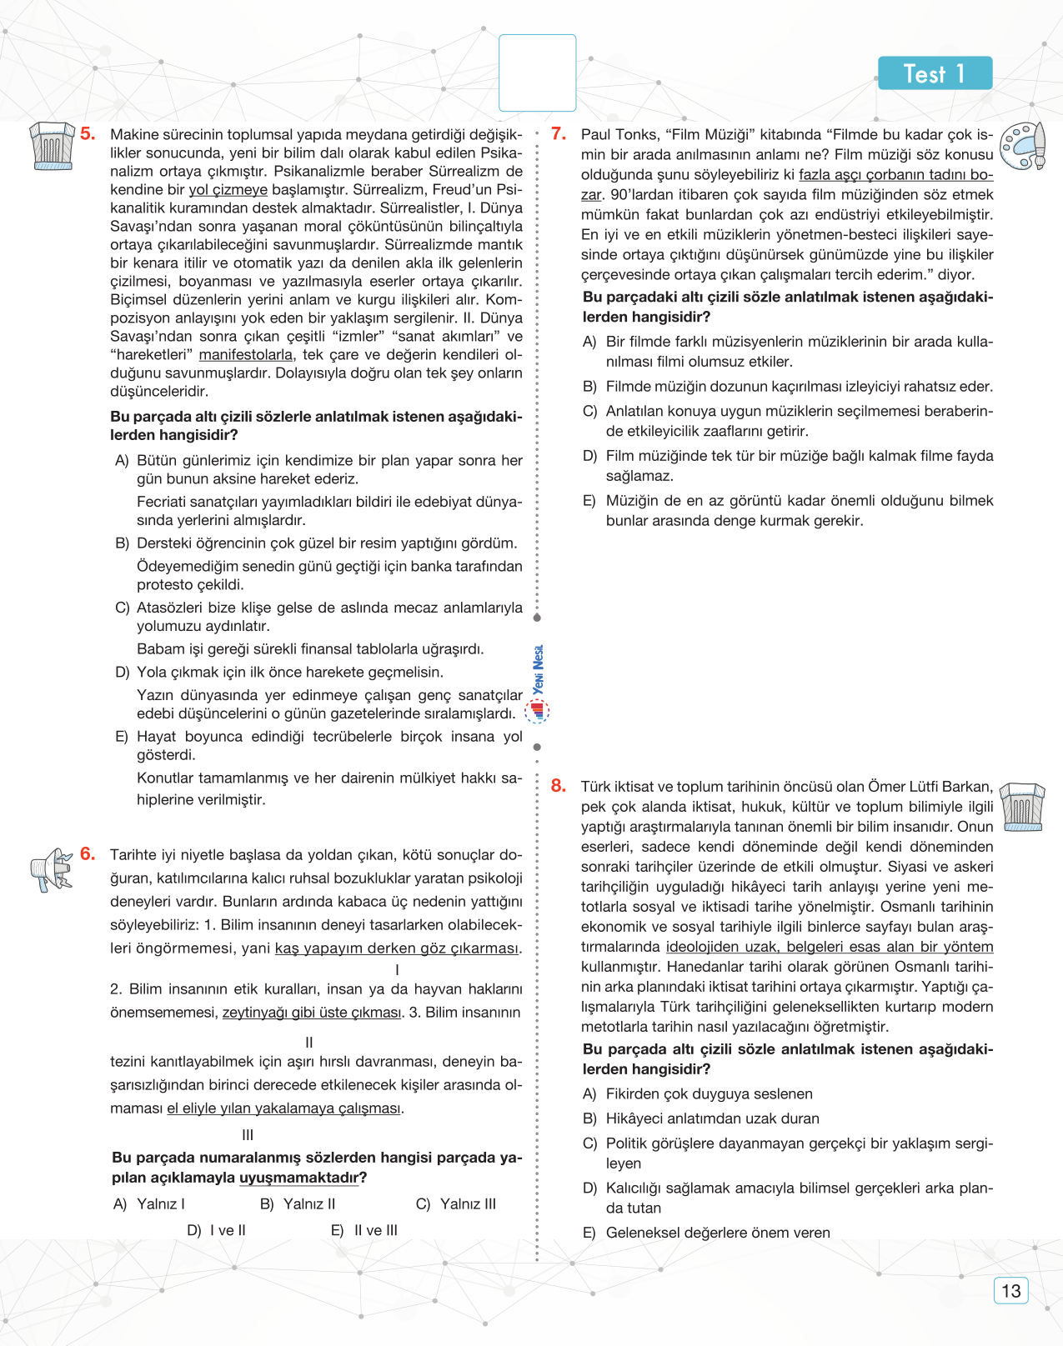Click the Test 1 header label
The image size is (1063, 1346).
click(x=935, y=73)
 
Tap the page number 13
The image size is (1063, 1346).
click(x=1010, y=1291)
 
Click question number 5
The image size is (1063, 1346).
click(x=88, y=133)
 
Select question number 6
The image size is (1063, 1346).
click(x=88, y=853)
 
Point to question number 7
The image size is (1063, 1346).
click(x=559, y=133)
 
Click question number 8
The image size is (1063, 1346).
click(x=559, y=785)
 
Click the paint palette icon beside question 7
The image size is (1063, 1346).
click(x=1023, y=146)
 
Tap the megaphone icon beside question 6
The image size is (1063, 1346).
click(x=52, y=869)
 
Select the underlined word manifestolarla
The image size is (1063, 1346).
click(x=246, y=355)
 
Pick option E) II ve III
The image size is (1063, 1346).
click(x=364, y=1230)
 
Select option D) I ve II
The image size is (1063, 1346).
click(x=217, y=1230)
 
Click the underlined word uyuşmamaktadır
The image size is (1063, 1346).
click(x=298, y=1178)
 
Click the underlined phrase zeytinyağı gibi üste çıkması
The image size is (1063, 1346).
click(x=312, y=1013)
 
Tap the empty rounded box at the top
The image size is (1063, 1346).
click(x=537, y=73)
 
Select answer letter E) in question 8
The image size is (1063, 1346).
click(x=589, y=1233)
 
